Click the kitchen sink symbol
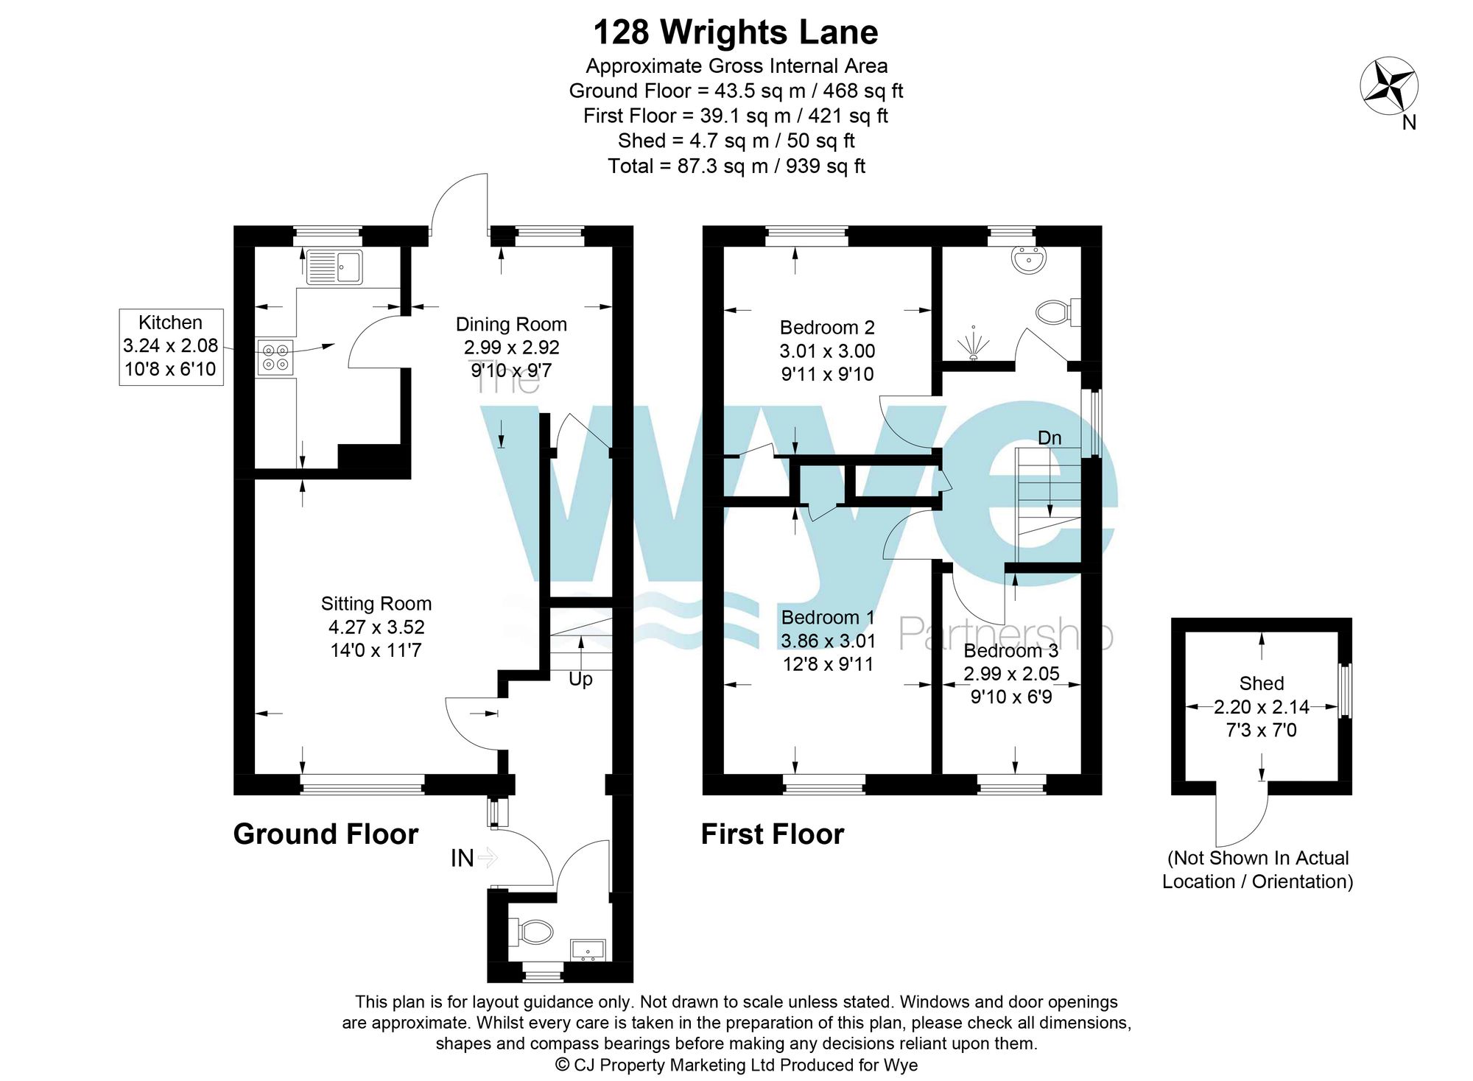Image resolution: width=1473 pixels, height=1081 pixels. click(334, 267)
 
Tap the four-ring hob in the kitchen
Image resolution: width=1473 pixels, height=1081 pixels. click(275, 357)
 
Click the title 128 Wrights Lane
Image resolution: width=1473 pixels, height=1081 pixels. click(735, 32)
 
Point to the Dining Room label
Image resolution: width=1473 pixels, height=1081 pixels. click(511, 324)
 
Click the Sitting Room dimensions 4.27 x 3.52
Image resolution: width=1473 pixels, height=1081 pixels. click(376, 627)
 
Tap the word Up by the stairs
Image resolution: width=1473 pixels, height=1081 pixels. click(580, 679)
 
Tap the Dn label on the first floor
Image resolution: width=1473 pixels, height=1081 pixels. click(1050, 438)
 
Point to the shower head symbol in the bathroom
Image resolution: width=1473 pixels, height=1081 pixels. click(974, 344)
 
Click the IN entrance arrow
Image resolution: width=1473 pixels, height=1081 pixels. click(488, 857)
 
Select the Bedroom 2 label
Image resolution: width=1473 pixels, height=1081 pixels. click(827, 327)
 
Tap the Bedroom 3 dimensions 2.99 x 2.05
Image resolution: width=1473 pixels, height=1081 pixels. click(1011, 673)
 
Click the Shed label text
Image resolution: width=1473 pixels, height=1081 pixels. click(1261, 683)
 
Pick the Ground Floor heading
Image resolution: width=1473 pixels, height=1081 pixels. click(326, 834)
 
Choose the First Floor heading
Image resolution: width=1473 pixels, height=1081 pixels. click(772, 834)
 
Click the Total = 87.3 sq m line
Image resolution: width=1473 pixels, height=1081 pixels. click(736, 166)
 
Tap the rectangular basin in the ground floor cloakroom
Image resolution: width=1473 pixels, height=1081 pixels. click(588, 950)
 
